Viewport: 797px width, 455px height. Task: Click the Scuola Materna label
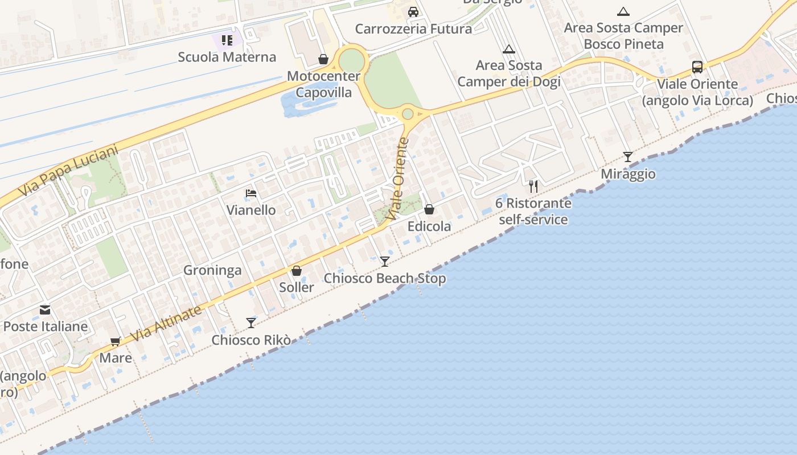(227, 57)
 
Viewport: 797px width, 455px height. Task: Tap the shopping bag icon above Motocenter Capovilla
(323, 59)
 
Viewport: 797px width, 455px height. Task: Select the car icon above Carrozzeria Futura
(413, 12)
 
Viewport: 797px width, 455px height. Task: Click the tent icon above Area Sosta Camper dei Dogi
(509, 49)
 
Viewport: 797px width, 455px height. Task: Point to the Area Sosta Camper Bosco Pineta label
(623, 36)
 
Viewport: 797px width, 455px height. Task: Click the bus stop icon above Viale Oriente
(697, 67)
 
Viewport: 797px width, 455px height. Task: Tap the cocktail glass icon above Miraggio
(628, 156)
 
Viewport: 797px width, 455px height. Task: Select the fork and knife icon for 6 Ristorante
(533, 186)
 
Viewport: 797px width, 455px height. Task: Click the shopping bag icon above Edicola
(429, 209)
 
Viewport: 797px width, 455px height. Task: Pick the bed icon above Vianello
(251, 193)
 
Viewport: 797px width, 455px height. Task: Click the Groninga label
(212, 270)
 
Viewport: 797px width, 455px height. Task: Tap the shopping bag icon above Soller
(297, 271)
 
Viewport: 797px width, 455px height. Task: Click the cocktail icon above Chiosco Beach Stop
(385, 261)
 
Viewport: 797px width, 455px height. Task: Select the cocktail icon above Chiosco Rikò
(251, 323)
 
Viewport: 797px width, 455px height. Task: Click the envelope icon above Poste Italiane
(45, 310)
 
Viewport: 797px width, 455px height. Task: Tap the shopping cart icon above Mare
(116, 341)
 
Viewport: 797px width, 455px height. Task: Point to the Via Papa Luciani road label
(68, 171)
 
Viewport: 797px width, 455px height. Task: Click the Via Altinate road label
(166, 324)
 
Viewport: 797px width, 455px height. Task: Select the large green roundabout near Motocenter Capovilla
(351, 60)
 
